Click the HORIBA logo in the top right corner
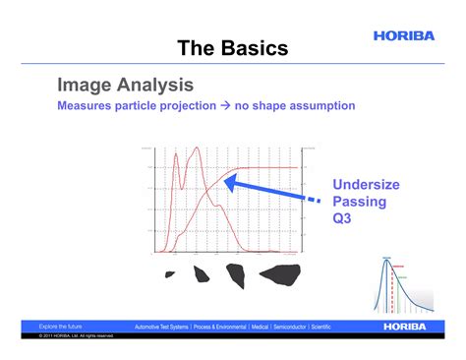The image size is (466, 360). tap(402, 35)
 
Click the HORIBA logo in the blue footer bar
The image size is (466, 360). tap(399, 326)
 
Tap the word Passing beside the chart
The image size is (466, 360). tap(359, 202)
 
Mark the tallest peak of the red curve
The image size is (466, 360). tap(198, 149)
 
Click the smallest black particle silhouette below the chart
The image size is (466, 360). tap(170, 274)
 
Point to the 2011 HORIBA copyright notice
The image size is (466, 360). tap(77, 335)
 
